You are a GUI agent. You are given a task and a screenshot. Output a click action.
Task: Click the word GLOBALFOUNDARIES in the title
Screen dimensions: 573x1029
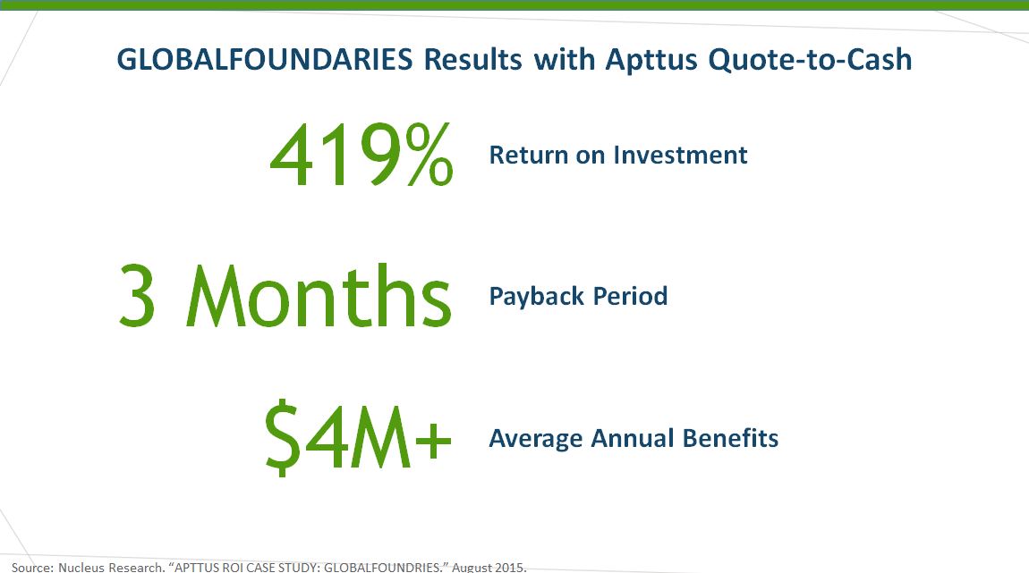pos(265,60)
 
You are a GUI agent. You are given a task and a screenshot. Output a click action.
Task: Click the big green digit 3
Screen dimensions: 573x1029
pos(138,296)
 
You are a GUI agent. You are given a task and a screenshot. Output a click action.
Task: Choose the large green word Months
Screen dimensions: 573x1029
pos(319,296)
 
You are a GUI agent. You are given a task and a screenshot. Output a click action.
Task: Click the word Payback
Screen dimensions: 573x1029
pos(532,296)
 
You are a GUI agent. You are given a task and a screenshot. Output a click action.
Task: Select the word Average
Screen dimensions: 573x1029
pos(534,439)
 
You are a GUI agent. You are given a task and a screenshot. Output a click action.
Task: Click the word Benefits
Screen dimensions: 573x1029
pos(732,439)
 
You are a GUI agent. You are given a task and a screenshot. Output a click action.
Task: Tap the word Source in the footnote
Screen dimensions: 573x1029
pos(32,567)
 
